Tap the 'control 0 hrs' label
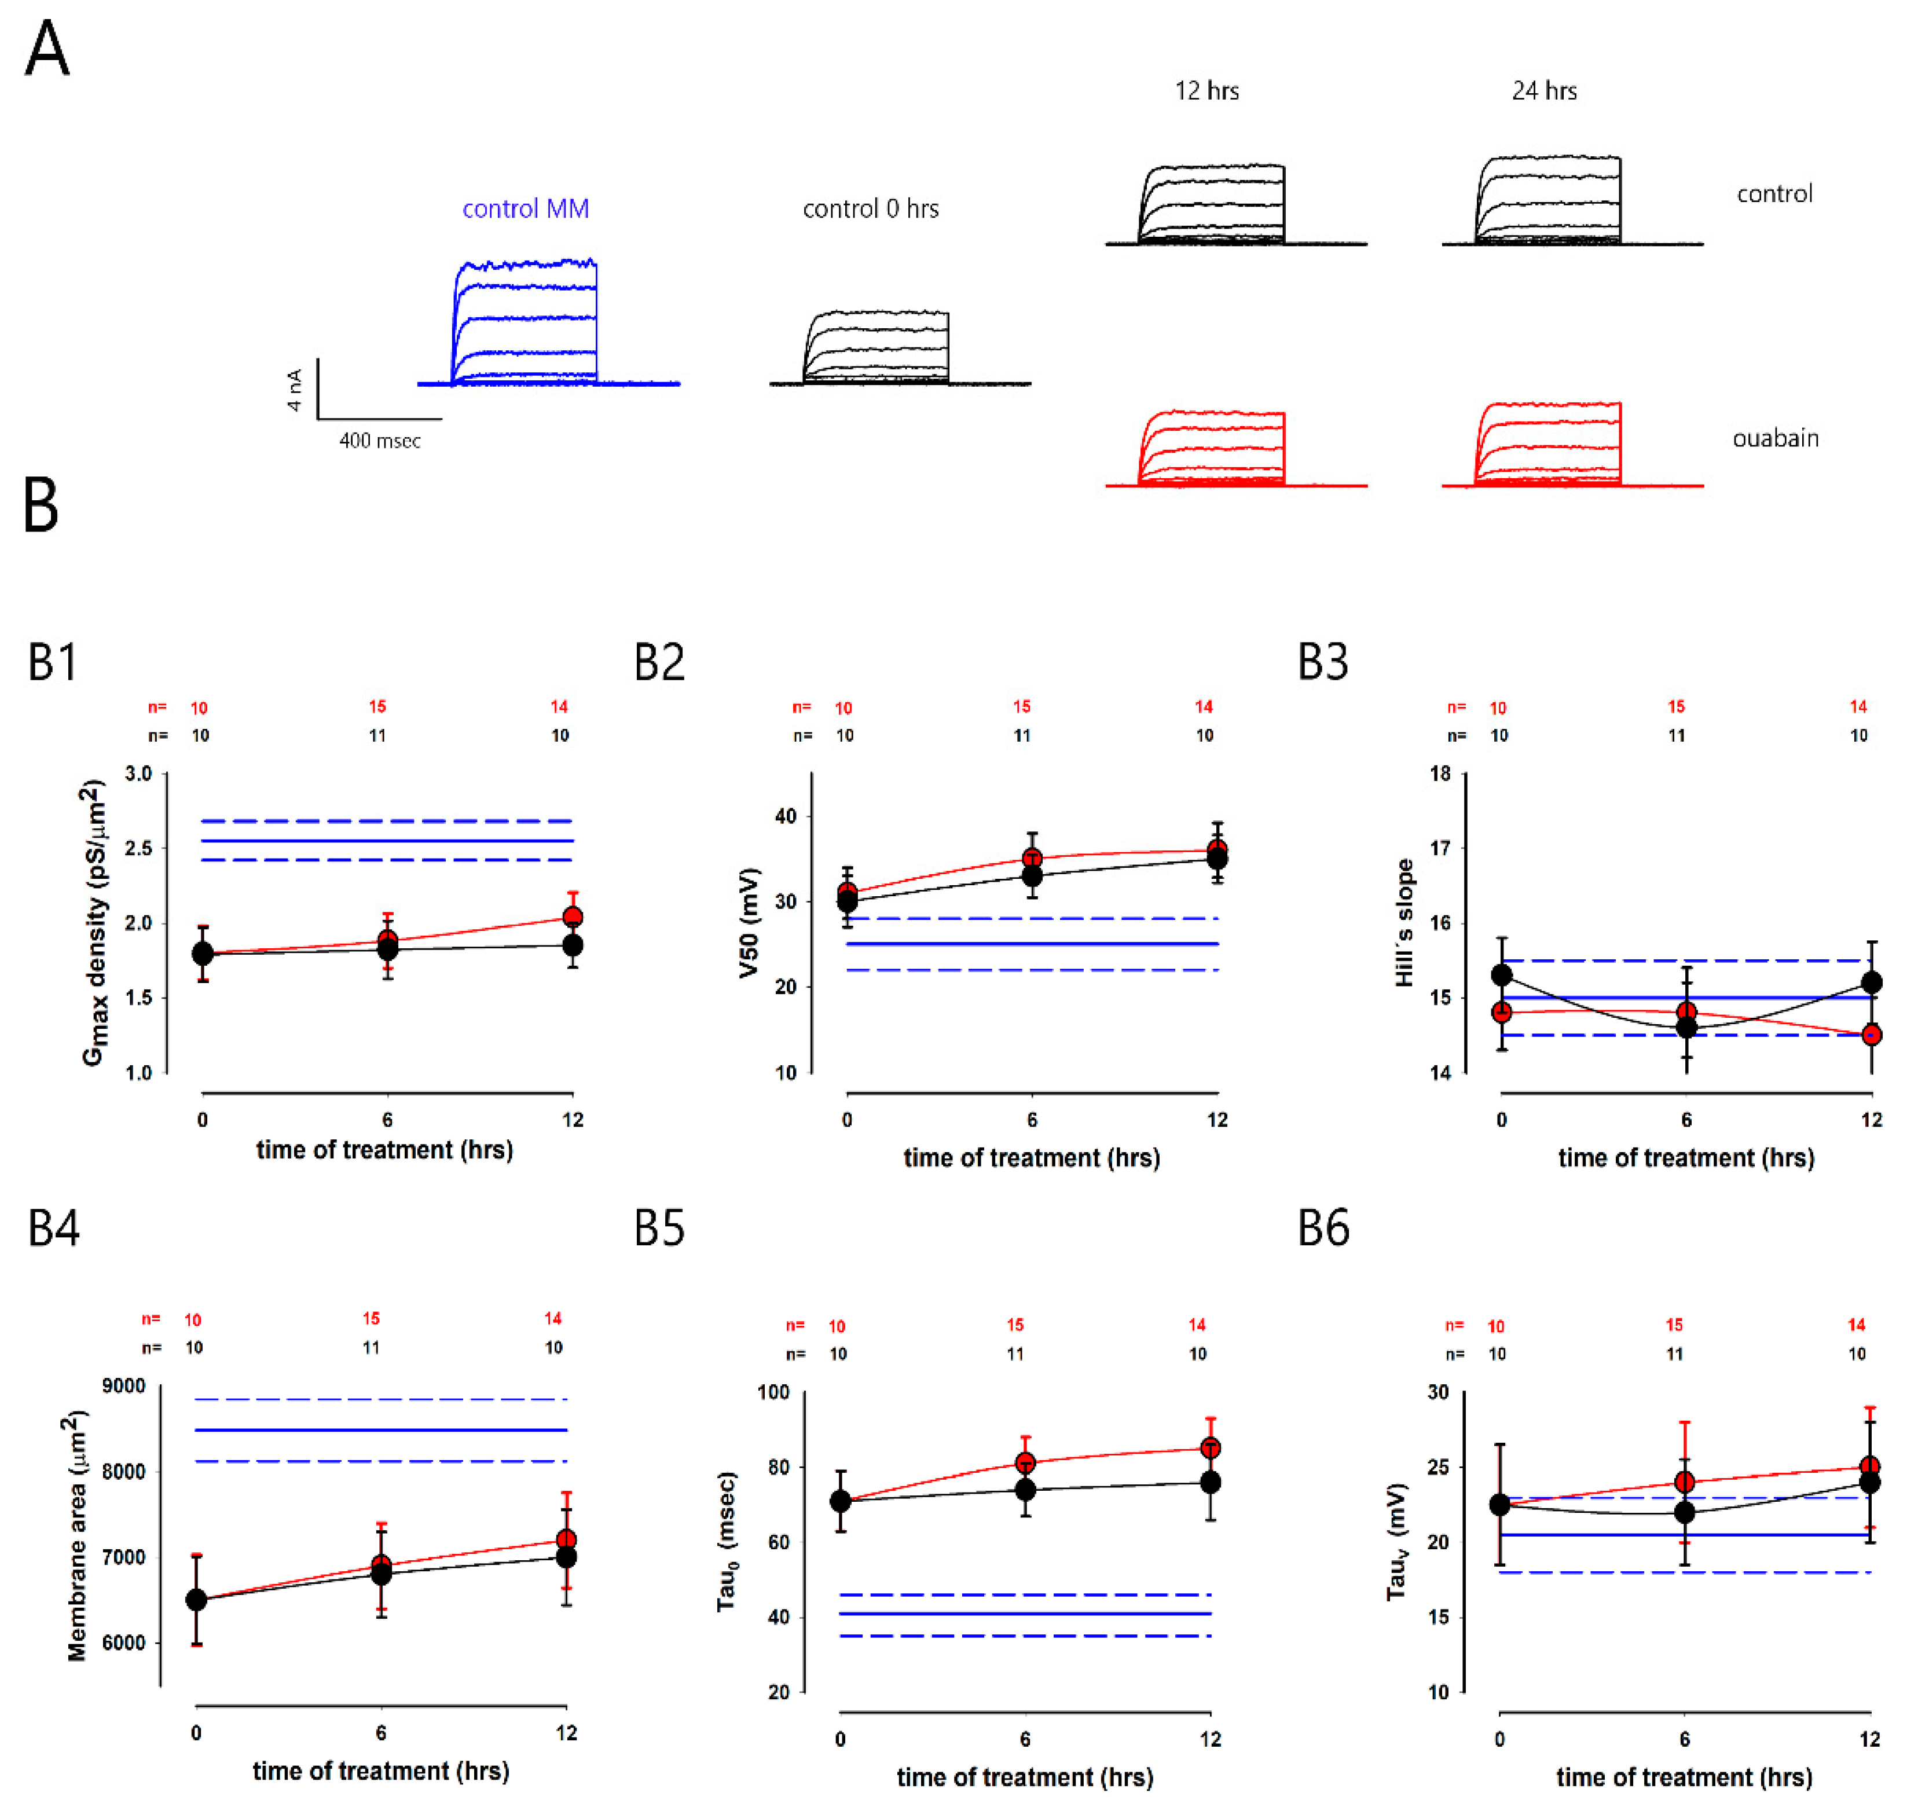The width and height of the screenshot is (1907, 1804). (870, 208)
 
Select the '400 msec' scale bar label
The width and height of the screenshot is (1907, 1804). (380, 441)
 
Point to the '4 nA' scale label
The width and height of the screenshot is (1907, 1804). (294, 390)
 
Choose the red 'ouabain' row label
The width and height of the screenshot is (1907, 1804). (1775, 438)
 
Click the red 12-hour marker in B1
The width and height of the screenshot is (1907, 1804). (572, 916)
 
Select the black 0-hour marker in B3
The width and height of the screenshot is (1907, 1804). (1501, 975)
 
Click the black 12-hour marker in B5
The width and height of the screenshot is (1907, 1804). (1211, 1482)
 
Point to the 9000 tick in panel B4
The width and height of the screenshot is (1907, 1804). (124, 1385)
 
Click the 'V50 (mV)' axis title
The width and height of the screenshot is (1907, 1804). (749, 923)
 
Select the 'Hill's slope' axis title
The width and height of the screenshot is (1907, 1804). (1405, 923)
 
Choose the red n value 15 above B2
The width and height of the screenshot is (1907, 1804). (1021, 707)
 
